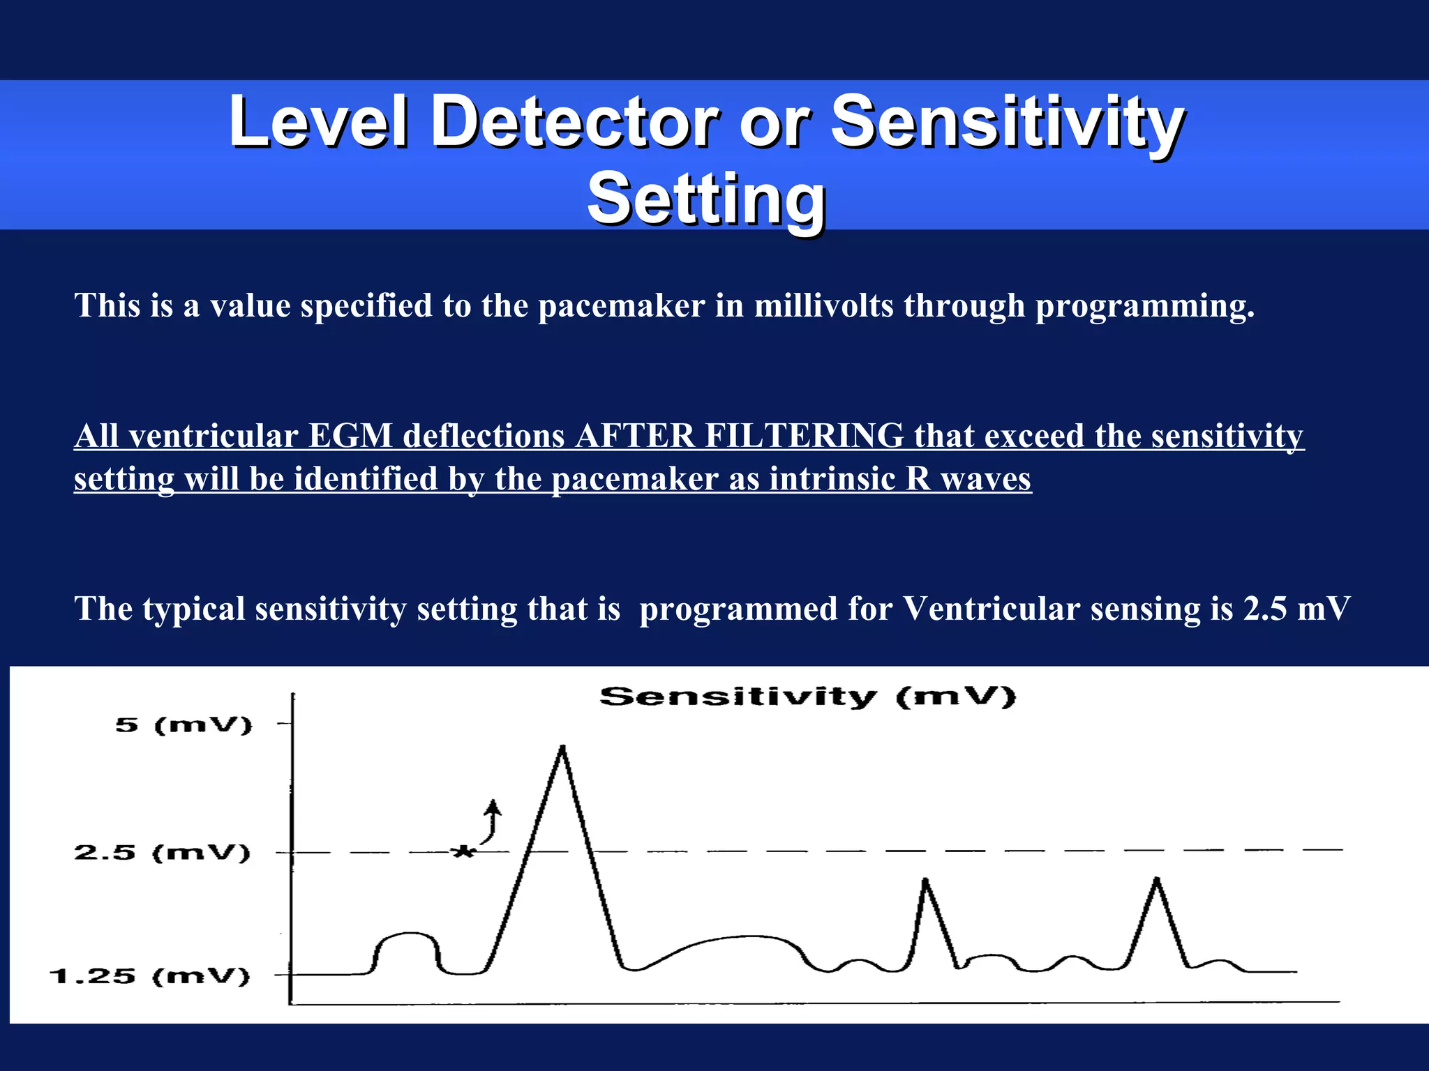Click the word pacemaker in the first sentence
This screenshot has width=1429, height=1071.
click(x=621, y=306)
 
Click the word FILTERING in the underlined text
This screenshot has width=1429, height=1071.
click(x=804, y=436)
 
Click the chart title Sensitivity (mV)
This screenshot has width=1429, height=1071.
click(x=807, y=697)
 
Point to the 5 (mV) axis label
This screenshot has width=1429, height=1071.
click(x=184, y=725)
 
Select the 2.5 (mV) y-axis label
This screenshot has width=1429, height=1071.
click(x=162, y=853)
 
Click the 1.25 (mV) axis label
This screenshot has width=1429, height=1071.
click(x=149, y=975)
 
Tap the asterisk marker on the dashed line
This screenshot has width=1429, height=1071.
click(x=463, y=851)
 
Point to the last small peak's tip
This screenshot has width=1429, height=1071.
click(x=1157, y=880)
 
